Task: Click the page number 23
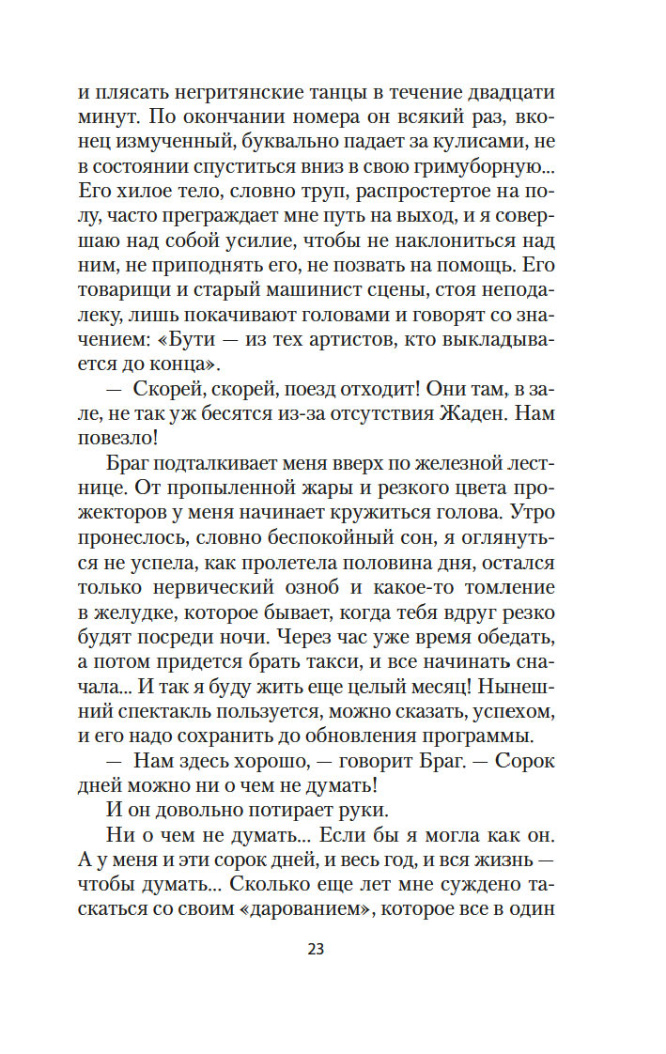(315, 948)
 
